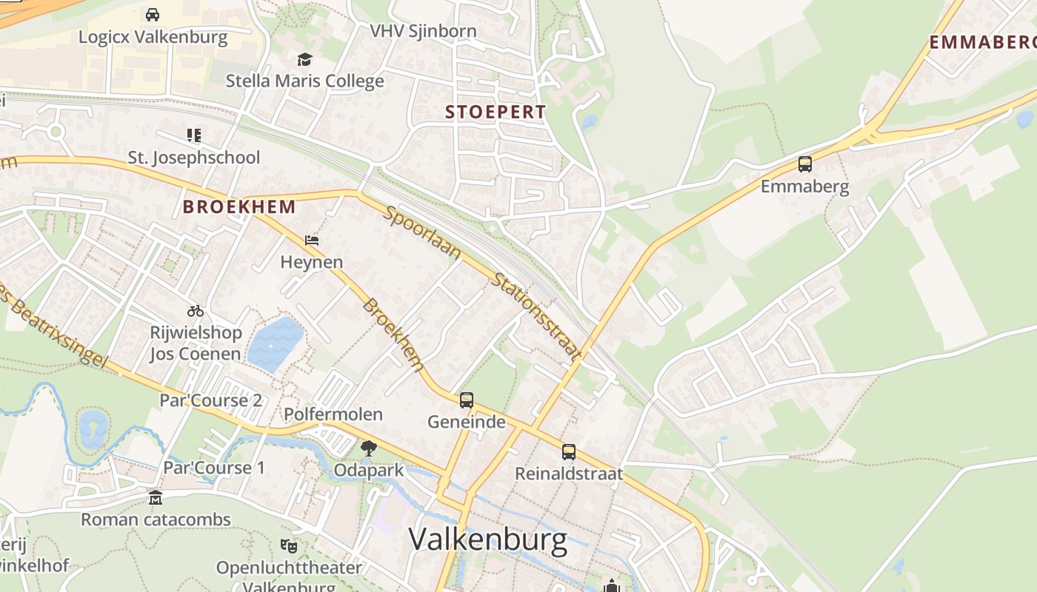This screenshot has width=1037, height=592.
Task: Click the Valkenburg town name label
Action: point(487,539)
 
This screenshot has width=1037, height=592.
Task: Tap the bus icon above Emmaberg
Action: point(805,164)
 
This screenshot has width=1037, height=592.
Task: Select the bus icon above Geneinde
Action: point(467,400)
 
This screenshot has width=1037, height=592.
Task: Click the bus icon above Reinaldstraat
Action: point(569,451)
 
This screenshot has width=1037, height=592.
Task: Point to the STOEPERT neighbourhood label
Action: point(496,112)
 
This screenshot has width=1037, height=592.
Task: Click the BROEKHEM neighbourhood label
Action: point(239,206)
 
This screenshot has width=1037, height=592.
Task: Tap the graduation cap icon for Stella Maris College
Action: point(304,59)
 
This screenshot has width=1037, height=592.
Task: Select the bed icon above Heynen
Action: point(312,240)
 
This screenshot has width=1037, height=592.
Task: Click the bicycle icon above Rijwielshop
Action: point(196,311)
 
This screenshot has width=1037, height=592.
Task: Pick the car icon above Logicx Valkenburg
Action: point(153,15)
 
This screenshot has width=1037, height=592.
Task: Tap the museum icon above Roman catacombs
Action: point(156,497)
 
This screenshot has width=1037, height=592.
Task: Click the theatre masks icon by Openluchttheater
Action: point(289,546)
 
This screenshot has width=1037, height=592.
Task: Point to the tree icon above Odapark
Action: point(368,448)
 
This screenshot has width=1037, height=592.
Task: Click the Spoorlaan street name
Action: point(423,233)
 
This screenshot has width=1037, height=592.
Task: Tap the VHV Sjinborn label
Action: point(423,31)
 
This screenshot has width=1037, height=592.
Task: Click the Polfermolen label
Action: point(333,414)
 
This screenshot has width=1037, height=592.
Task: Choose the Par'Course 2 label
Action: point(211,400)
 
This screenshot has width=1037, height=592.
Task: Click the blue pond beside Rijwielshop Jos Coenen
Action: point(275,343)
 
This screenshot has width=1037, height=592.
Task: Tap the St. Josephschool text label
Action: point(194,158)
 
